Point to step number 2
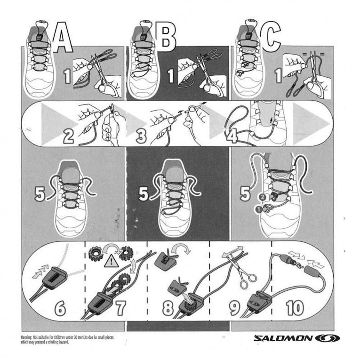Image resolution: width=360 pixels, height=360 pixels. (x=69, y=136)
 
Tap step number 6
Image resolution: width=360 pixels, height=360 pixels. (x=60, y=308)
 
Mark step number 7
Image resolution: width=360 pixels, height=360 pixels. (x=120, y=308)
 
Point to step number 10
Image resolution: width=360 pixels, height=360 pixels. (x=295, y=308)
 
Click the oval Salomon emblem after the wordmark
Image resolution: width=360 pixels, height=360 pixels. (x=325, y=338)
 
